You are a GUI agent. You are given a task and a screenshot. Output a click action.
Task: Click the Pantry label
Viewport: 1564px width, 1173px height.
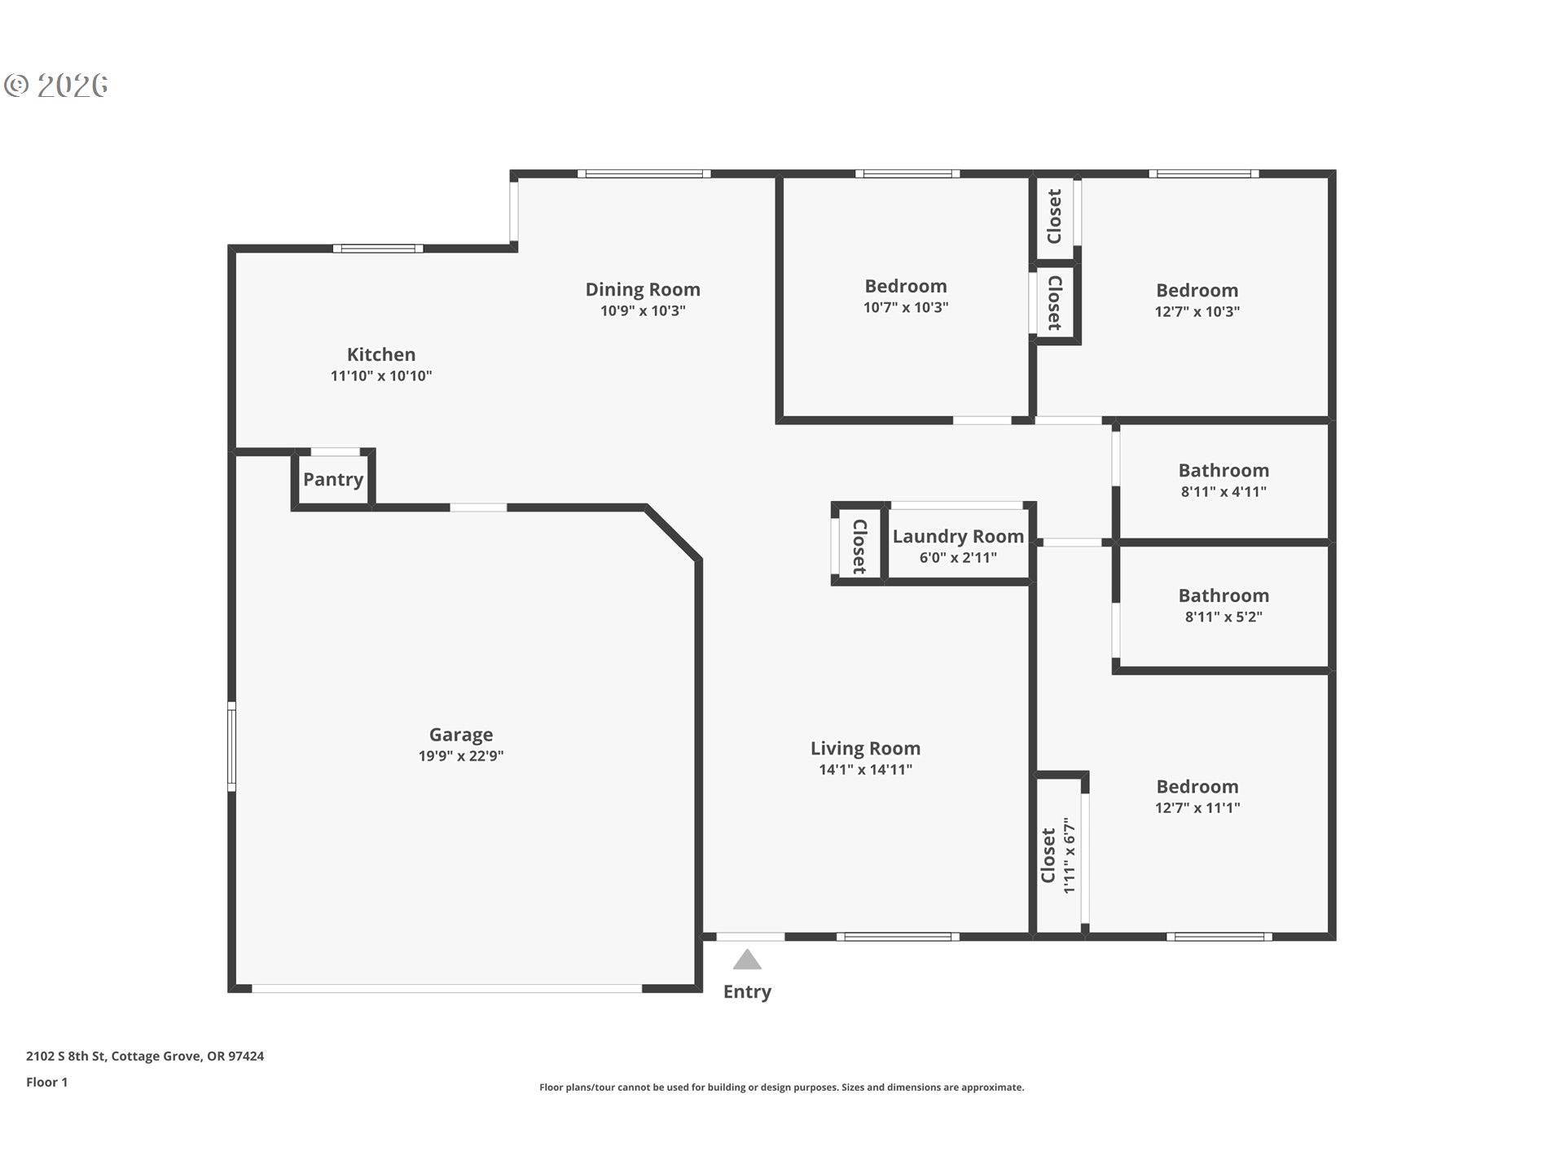tap(333, 479)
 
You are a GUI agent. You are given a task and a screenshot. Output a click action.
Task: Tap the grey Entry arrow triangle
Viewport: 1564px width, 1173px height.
tap(747, 960)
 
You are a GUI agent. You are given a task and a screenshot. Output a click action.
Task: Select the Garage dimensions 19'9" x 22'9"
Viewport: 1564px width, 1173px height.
tap(461, 756)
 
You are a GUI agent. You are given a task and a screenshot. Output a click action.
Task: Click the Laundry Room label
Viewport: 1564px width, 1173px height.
tap(958, 536)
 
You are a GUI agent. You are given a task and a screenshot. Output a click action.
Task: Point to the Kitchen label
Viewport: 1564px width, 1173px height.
tap(381, 354)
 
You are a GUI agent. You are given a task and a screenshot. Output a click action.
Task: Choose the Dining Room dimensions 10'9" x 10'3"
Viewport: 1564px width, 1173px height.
tap(643, 311)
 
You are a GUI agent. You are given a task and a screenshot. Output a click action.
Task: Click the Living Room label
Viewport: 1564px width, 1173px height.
tap(865, 748)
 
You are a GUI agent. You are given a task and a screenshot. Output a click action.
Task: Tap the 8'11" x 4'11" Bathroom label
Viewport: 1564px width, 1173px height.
tap(1224, 470)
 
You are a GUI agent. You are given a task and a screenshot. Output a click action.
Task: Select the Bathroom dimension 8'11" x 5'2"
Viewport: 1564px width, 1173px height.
tap(1224, 617)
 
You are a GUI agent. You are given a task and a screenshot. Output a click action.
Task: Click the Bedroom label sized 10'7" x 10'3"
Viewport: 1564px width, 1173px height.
tap(906, 286)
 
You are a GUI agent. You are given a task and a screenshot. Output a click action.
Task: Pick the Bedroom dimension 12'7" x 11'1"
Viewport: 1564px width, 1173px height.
tap(1197, 808)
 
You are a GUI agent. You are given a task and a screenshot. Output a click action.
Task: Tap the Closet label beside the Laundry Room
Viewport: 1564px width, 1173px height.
tap(859, 546)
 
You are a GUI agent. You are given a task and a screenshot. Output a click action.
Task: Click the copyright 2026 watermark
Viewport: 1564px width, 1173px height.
tap(56, 86)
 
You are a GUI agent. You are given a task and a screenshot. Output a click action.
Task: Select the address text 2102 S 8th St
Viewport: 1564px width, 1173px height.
tap(66, 1057)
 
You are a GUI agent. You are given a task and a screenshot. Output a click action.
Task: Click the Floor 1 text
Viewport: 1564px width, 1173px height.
tap(46, 1083)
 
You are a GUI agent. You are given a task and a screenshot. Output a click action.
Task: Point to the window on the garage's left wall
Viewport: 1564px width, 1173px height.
tap(231, 746)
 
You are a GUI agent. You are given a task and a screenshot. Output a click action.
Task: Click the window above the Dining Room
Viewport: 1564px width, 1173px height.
tap(644, 174)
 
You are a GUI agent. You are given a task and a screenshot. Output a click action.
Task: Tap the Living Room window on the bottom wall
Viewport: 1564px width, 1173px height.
tap(898, 937)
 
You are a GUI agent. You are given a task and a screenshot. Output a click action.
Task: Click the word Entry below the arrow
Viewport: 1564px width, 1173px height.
tap(747, 992)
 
